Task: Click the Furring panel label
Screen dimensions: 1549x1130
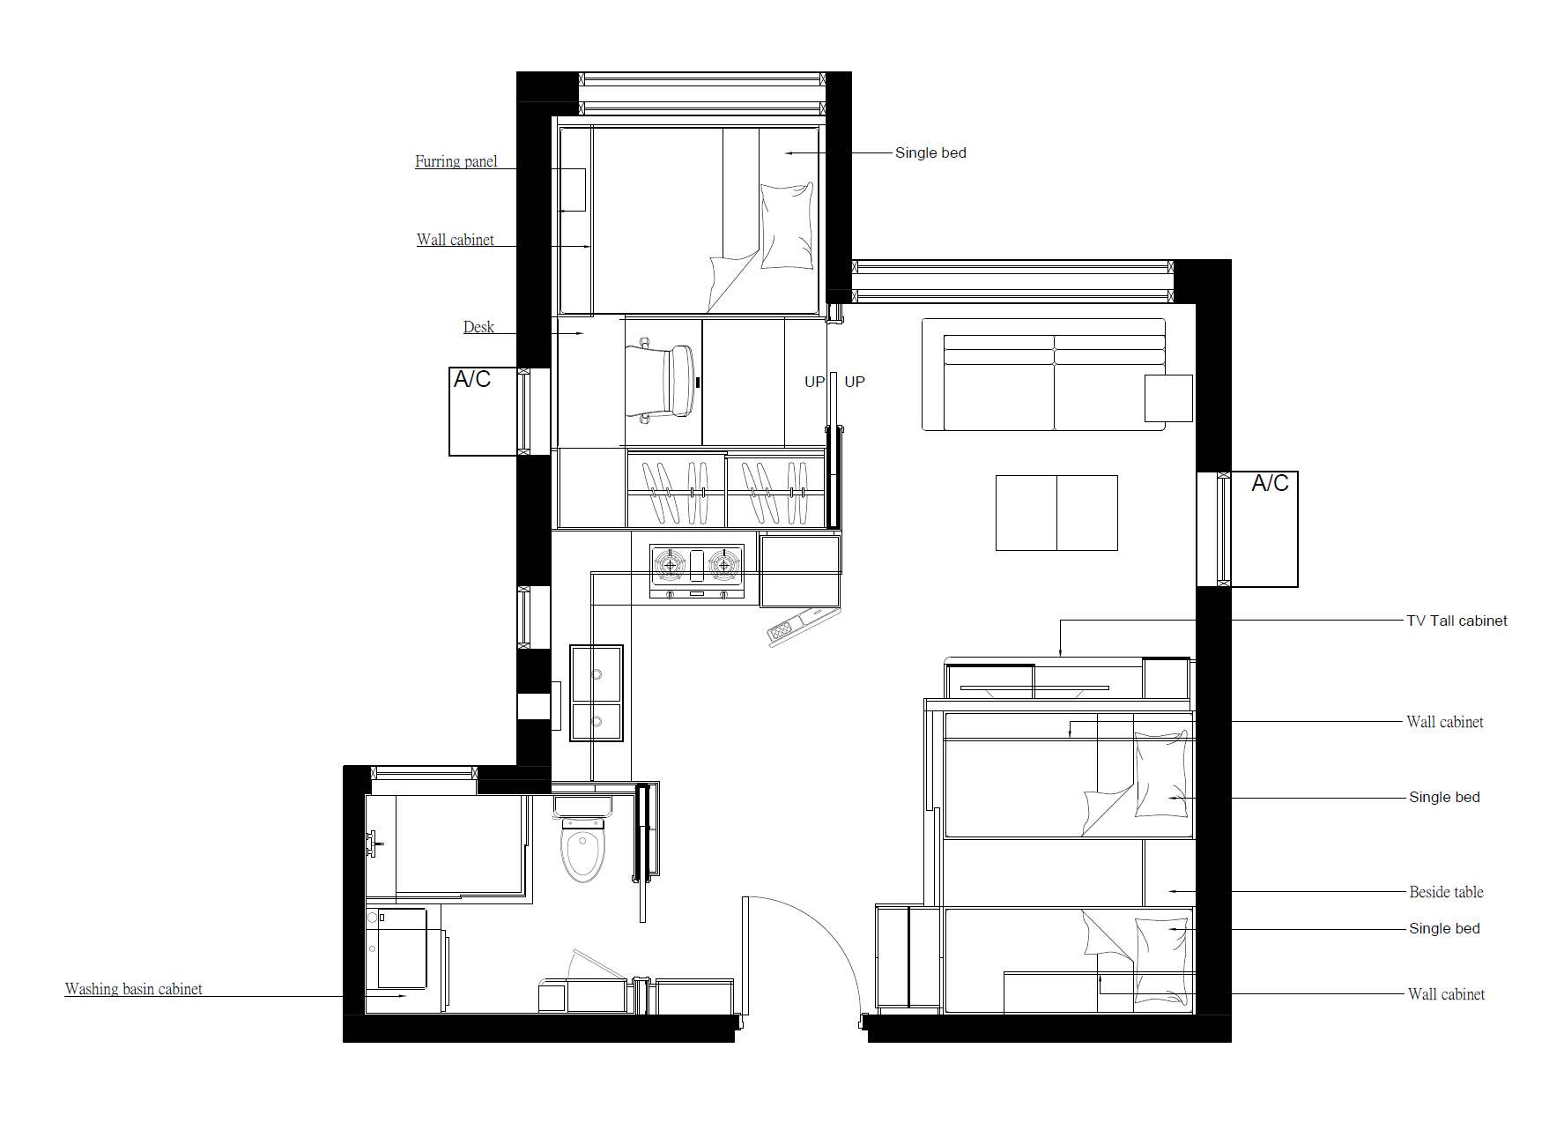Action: point(456,161)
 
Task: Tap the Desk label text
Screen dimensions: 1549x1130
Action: point(478,327)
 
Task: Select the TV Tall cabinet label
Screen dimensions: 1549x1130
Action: point(1456,621)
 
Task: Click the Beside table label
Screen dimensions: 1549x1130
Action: point(1446,892)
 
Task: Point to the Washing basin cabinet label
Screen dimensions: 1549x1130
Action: point(134,989)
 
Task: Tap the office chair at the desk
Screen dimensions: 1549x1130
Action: point(661,381)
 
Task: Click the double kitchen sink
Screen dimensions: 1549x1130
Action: point(597,693)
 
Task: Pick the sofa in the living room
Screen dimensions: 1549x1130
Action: point(1043,375)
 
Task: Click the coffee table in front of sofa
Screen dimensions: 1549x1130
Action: point(1056,513)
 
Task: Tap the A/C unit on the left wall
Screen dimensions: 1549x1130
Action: point(483,412)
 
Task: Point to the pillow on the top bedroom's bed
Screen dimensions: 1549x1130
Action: point(787,226)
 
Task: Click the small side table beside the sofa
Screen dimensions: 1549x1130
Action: point(1168,398)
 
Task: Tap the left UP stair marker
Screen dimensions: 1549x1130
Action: point(814,382)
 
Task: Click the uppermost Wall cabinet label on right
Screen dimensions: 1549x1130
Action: point(1445,722)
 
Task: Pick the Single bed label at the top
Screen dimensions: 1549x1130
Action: point(930,152)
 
